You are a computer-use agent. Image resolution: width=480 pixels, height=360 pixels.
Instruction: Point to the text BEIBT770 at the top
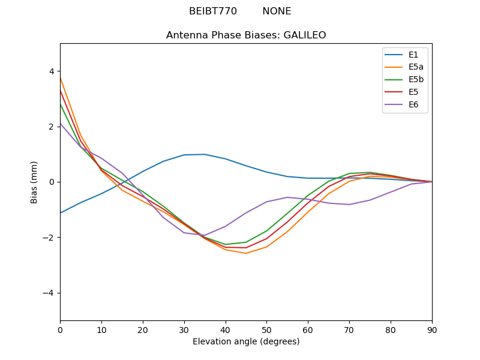coord(213,11)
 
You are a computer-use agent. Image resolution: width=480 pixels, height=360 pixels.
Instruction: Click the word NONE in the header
coord(277,11)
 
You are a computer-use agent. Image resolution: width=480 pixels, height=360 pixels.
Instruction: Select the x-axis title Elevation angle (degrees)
coord(246,341)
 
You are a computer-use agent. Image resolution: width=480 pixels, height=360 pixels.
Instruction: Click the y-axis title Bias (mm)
coord(35,182)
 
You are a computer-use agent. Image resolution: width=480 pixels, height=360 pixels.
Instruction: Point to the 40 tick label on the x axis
coord(225,329)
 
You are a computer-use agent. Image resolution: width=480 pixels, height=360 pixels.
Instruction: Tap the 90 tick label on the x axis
coord(431,329)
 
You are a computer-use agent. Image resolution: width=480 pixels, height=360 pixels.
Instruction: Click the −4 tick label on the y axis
coord(50,293)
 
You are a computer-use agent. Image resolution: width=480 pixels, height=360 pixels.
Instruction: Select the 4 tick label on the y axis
coord(52,71)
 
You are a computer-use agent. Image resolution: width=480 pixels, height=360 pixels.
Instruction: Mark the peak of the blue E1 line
coord(205,154)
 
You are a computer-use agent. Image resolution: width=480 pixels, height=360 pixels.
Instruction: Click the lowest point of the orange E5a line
coord(246,253)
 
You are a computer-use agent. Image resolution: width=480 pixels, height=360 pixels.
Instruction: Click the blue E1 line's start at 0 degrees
coord(61,212)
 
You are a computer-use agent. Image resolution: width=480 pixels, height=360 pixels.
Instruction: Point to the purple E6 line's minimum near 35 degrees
coord(203,235)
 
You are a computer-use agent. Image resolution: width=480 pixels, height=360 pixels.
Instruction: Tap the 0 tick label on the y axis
coord(52,182)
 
